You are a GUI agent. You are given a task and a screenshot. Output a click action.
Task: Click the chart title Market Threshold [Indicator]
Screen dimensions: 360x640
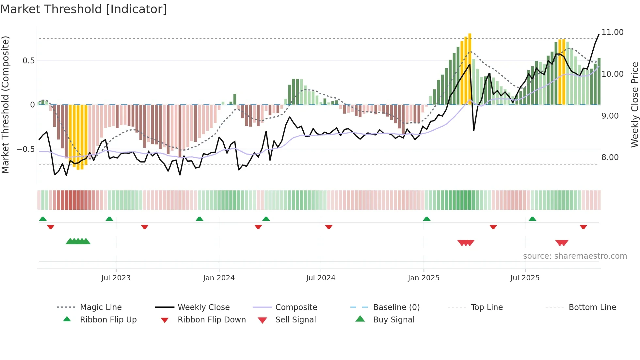tap(84, 9)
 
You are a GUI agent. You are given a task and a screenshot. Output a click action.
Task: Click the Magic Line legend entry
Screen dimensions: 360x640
tap(101, 307)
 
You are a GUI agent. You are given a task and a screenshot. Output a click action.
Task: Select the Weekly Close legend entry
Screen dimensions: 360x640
tap(203, 307)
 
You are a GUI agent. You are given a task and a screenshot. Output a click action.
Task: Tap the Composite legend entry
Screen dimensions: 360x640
tap(296, 307)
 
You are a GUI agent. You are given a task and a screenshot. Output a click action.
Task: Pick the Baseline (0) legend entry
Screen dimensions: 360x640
tap(396, 307)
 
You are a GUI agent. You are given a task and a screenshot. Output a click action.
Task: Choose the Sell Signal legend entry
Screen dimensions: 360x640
tap(295, 319)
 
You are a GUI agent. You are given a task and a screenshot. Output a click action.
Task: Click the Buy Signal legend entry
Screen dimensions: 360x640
tap(393, 319)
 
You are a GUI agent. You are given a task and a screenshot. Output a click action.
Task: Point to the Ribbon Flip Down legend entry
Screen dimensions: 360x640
tap(211, 319)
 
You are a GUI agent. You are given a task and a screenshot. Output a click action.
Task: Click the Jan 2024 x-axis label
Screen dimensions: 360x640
tap(219, 278)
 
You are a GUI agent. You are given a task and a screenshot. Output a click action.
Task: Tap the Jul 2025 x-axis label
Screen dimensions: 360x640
tap(525, 278)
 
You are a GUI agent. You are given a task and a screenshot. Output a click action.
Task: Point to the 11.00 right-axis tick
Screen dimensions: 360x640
tap(612, 32)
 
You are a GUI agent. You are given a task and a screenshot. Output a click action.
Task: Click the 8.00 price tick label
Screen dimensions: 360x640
tap(610, 157)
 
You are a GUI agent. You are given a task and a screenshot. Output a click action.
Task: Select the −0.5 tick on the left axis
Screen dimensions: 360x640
tap(25, 149)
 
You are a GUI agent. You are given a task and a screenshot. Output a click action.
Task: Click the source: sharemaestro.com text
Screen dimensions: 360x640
tap(575, 256)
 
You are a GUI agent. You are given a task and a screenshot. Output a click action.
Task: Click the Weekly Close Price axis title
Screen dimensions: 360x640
tap(634, 105)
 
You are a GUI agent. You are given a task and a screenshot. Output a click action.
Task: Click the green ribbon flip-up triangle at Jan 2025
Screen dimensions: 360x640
tap(426, 219)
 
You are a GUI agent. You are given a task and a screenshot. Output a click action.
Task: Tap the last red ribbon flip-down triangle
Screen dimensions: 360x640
tap(583, 227)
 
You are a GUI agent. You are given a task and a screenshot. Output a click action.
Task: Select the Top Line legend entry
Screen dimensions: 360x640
tap(487, 307)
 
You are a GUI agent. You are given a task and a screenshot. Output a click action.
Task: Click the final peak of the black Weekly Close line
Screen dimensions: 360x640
tap(599, 34)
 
